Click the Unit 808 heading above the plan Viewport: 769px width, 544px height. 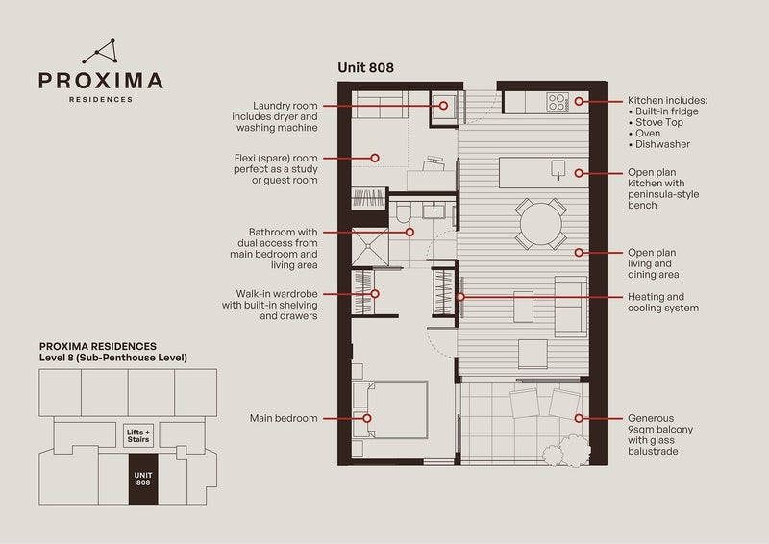pos(365,67)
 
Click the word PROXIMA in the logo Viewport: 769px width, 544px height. pos(100,81)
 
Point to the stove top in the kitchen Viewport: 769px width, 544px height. pos(558,101)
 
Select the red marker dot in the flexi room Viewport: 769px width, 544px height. pos(376,158)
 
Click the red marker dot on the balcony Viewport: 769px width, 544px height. pos(579,418)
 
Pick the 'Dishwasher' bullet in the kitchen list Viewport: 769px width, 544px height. pos(662,144)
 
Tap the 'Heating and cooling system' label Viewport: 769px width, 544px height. pos(662,303)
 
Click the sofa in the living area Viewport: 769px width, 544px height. pos(569,306)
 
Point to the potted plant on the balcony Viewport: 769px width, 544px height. pos(557,451)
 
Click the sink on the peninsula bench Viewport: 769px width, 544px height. pos(557,172)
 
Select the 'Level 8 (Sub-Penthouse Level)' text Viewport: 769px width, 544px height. pos(112,358)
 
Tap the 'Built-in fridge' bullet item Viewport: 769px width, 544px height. pos(669,112)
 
